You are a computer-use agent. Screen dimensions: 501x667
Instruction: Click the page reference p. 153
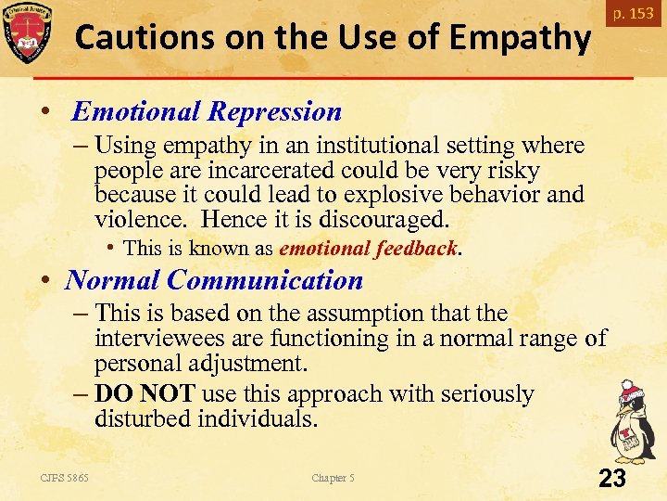[632, 14]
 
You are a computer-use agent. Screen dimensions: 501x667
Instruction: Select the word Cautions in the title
[135, 38]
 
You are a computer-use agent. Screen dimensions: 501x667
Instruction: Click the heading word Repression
[275, 112]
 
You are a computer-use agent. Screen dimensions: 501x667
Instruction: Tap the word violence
[140, 221]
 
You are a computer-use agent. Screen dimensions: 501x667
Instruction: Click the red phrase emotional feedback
[368, 249]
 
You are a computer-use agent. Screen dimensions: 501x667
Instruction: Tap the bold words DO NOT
[145, 394]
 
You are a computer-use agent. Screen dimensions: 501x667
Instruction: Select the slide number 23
[612, 478]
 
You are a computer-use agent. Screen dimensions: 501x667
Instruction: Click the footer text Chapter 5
[333, 478]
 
